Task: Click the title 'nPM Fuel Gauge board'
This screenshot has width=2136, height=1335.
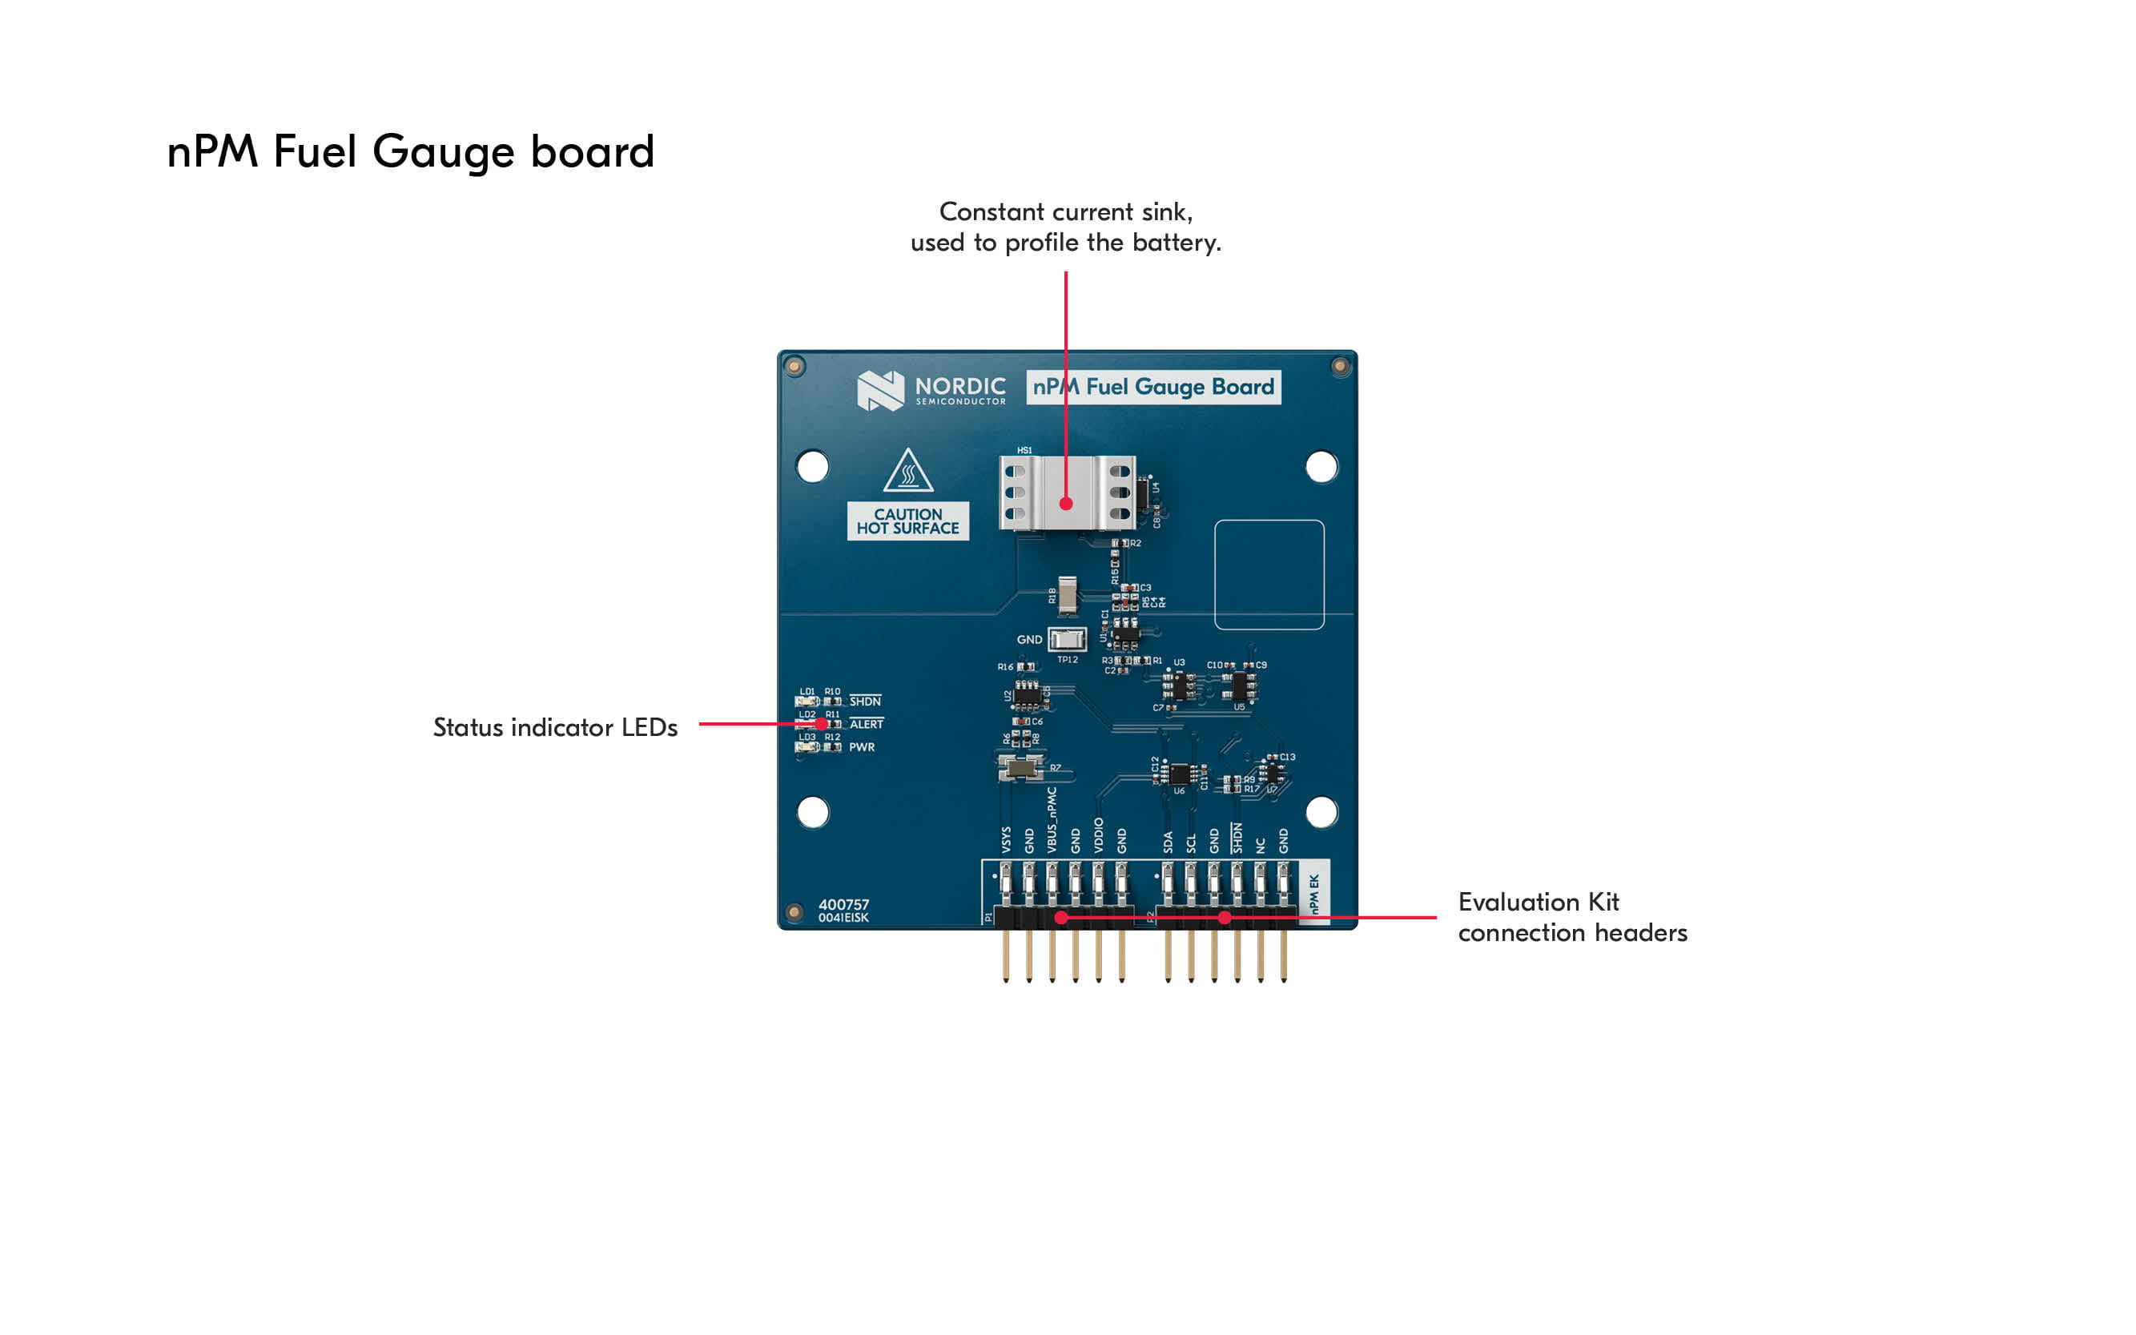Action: pos(411,151)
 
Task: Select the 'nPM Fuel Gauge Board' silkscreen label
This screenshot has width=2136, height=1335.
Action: pos(1153,387)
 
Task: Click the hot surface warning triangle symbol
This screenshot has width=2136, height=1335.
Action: pos(907,471)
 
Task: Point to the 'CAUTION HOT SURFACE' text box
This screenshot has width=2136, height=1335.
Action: pos(907,521)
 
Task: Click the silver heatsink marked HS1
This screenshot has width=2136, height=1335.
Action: pos(1067,492)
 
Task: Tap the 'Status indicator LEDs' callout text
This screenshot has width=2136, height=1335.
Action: pos(554,727)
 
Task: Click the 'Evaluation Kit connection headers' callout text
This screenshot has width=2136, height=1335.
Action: pos(1571,918)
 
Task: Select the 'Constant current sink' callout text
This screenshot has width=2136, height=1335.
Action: pos(1066,227)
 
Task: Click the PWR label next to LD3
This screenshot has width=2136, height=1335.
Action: pos(862,747)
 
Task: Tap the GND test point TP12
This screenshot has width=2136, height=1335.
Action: pos(1067,639)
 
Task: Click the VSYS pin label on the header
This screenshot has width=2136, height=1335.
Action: pos(1006,839)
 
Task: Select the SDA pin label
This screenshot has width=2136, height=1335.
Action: pos(1169,842)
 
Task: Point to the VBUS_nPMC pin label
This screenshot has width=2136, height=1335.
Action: pos(1052,820)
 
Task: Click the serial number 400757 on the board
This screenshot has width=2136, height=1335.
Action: pos(843,904)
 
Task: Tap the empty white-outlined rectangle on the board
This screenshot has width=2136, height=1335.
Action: pos(1269,575)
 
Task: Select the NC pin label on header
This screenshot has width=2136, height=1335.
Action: pos(1260,845)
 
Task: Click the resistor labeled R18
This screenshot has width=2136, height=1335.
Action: pos(1068,595)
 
